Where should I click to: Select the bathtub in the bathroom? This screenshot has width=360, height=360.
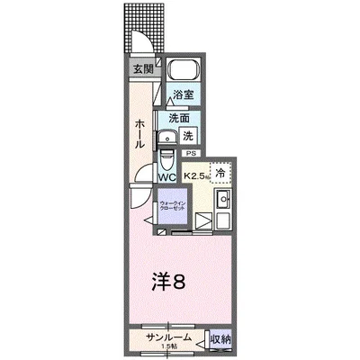pos(184,71)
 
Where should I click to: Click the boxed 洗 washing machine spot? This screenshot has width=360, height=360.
pos(188,136)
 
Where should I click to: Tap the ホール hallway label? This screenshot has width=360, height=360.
pos(140,135)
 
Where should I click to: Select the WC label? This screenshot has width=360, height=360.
pos(167,176)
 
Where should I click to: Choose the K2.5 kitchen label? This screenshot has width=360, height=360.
pos(197,175)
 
